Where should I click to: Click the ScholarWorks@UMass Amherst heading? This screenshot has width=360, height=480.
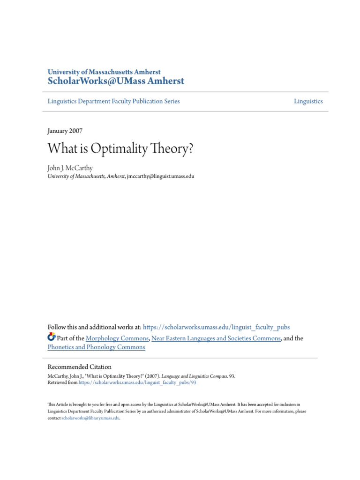(x=116, y=81)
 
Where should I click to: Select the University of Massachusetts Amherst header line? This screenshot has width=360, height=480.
(x=104, y=72)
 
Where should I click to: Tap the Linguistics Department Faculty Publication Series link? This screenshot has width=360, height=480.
(x=113, y=101)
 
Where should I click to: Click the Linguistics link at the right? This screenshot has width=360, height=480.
(x=308, y=101)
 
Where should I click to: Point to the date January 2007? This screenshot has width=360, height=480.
(x=65, y=131)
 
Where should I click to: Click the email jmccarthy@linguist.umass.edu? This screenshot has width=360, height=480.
(x=161, y=177)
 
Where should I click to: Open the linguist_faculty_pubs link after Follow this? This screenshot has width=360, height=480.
(x=219, y=327)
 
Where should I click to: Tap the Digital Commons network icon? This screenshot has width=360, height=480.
(x=52, y=337)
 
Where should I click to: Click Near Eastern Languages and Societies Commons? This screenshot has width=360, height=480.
(x=216, y=338)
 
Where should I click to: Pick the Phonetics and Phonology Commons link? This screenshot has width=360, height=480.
(x=96, y=347)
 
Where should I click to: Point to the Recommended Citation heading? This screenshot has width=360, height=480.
(x=80, y=367)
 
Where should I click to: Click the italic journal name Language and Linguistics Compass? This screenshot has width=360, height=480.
(x=194, y=376)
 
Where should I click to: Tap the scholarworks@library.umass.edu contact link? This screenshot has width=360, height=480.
(x=90, y=418)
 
